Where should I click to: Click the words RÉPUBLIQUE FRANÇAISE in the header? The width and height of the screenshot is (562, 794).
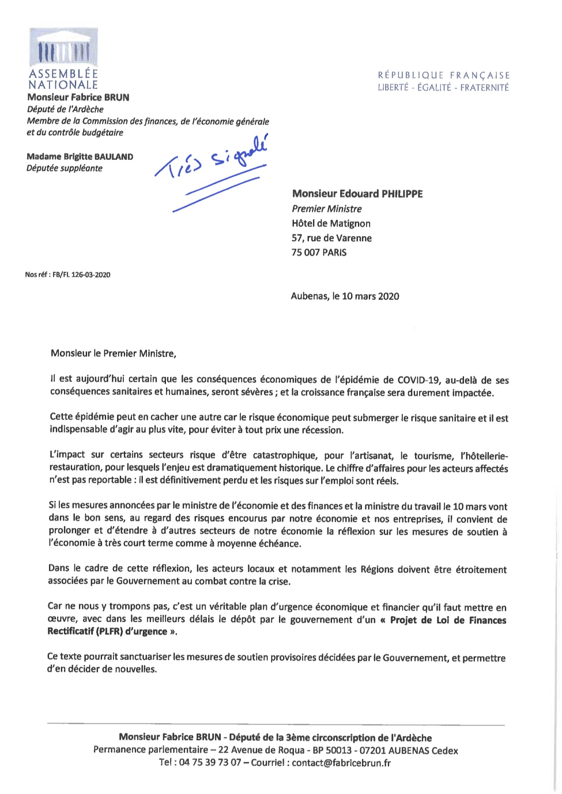(444, 75)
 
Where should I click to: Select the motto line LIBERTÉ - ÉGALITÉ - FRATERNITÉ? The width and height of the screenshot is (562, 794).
(443, 87)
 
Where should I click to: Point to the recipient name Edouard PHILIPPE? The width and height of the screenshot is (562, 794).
(357, 194)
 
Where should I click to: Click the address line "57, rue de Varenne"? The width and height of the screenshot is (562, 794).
(332, 238)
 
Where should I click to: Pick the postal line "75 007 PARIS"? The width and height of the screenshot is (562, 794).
(319, 252)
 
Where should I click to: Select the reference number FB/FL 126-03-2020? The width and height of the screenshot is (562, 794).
(81, 275)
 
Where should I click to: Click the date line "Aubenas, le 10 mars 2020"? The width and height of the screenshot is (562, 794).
(345, 296)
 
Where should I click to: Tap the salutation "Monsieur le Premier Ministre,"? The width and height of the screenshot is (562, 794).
(113, 353)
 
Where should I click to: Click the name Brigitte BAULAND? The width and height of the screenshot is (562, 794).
(80, 157)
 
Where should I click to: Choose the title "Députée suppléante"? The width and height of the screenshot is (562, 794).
(64, 168)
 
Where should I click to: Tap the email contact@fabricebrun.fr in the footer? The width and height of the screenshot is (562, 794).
(341, 763)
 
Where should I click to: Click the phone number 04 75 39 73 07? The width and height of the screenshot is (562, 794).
(210, 763)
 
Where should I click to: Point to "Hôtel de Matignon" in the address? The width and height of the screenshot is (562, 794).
(331, 223)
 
